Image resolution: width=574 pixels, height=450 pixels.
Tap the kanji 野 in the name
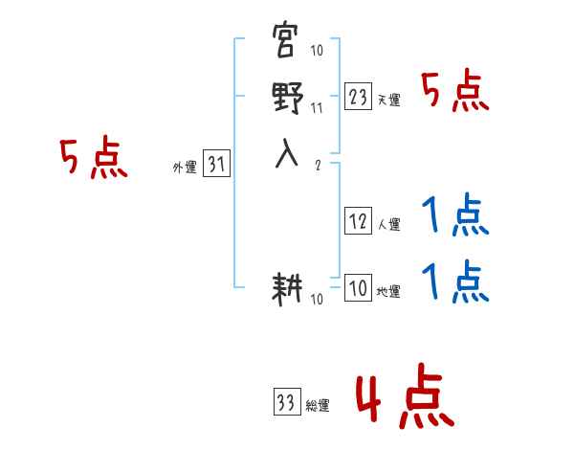click(x=286, y=99)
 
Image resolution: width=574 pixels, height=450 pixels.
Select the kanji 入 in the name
click(x=286, y=153)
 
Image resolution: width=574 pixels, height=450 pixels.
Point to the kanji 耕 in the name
click(x=286, y=291)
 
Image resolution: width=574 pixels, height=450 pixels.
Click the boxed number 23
click(x=358, y=96)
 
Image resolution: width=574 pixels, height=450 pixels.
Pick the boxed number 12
click(x=358, y=222)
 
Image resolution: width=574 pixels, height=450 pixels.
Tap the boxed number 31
click(x=216, y=165)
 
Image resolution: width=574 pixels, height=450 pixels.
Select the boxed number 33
click(x=286, y=403)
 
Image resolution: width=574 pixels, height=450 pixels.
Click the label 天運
click(x=388, y=100)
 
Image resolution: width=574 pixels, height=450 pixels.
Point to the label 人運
click(x=388, y=226)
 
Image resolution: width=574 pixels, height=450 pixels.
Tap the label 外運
click(x=185, y=168)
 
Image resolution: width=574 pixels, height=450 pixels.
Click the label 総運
click(x=318, y=406)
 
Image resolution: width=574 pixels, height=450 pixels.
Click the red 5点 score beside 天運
click(x=455, y=93)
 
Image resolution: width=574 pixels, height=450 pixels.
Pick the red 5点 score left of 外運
click(x=93, y=157)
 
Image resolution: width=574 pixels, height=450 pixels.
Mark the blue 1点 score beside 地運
click(x=455, y=281)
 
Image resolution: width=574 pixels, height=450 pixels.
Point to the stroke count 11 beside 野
click(x=317, y=108)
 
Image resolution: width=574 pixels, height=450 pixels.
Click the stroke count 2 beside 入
click(x=317, y=165)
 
